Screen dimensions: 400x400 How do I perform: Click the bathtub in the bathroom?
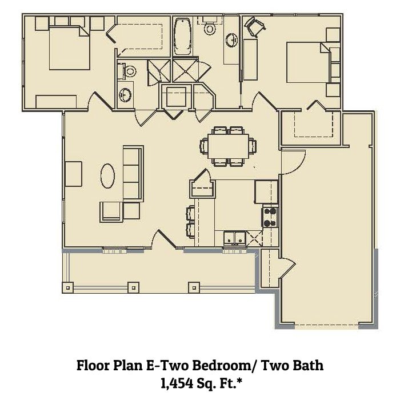pos(183,37)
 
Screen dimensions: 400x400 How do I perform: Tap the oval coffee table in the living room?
pos(107,176)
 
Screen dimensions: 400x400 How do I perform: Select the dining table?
pos(228,146)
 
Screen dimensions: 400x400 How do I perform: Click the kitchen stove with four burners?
pos(270,217)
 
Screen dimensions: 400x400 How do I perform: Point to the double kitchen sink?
pos(235,238)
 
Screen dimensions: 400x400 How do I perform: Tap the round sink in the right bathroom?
pos(232,40)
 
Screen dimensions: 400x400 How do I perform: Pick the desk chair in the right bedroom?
pos(255,26)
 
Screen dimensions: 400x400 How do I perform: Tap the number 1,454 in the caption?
pos(177,383)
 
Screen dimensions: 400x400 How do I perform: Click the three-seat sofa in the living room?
pos(133,174)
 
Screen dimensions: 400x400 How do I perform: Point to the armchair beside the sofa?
pos(111,211)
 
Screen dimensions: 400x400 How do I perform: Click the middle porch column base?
pos(133,287)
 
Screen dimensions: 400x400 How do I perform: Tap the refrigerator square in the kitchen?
pos(266,192)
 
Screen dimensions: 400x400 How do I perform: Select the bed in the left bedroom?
pos(69,48)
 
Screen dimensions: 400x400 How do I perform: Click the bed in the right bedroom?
pos(308,62)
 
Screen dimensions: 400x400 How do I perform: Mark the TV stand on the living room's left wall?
pos(74,174)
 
